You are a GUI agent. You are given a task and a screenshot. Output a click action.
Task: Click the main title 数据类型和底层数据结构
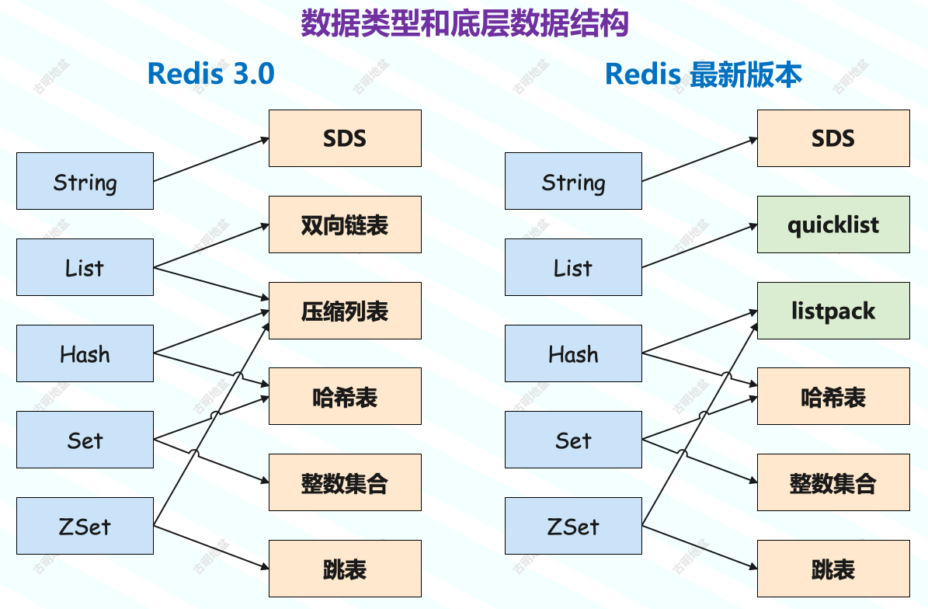[464, 24]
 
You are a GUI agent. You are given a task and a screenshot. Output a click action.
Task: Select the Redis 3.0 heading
[210, 74]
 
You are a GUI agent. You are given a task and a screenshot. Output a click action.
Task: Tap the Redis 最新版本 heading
[703, 74]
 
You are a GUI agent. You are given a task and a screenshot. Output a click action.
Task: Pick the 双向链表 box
[345, 224]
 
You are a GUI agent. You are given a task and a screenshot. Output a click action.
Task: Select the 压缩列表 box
[345, 311]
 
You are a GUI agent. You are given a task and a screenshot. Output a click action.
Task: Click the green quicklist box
[833, 224]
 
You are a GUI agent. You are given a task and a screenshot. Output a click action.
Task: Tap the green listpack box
[833, 311]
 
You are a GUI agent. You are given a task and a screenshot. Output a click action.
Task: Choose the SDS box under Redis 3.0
[345, 138]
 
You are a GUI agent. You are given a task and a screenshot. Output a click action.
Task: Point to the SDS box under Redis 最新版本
[833, 138]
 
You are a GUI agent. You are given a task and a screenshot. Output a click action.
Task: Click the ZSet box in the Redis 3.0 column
[85, 526]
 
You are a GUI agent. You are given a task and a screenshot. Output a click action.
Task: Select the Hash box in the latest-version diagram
[573, 354]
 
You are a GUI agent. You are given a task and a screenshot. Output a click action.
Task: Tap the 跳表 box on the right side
[833, 569]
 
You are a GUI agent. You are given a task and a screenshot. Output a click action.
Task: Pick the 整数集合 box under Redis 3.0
[345, 483]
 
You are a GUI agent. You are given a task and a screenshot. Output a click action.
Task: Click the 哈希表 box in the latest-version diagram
[833, 397]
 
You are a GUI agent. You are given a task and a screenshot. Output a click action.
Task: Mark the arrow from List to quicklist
[700, 245]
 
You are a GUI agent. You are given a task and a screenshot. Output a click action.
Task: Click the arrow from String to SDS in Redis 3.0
[211, 160]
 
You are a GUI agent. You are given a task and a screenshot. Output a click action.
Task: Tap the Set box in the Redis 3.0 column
[85, 440]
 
